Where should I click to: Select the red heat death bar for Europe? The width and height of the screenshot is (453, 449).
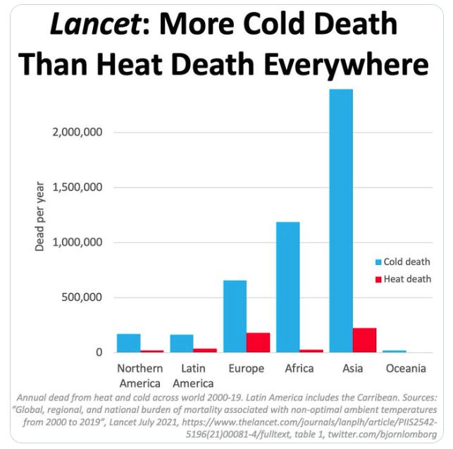[x=259, y=343]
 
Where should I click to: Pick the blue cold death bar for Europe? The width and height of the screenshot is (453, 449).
[x=235, y=316]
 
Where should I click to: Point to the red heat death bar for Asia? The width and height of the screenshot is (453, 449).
[x=365, y=340]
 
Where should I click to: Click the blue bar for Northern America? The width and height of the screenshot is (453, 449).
[x=129, y=343]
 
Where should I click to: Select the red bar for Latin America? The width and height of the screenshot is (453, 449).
[x=205, y=350]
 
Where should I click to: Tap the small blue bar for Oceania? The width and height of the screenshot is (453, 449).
[x=395, y=351]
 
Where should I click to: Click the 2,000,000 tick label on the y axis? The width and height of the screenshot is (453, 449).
[x=77, y=133]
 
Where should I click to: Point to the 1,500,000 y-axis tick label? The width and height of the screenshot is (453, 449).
[x=77, y=187]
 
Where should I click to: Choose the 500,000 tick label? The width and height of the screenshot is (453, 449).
[x=83, y=297]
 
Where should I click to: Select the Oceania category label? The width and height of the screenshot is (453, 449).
[x=406, y=369]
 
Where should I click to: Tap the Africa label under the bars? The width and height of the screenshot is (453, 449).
[x=299, y=369]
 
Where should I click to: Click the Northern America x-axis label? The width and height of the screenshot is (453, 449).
[x=140, y=376]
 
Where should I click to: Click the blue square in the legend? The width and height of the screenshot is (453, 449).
[x=378, y=262]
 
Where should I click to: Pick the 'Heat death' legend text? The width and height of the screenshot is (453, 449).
[x=407, y=279]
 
